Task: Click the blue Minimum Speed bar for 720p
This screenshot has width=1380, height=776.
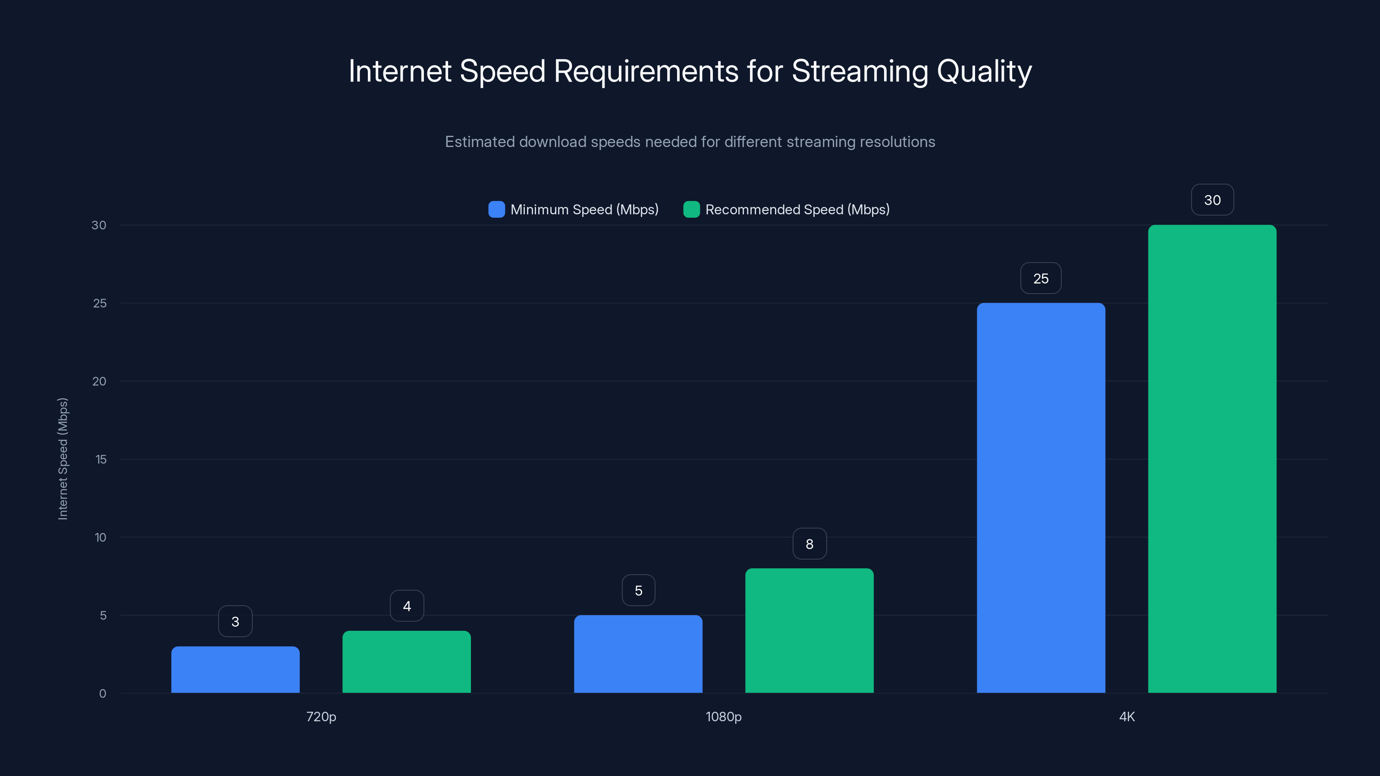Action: [235, 670]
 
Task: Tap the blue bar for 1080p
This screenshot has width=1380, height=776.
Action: [638, 654]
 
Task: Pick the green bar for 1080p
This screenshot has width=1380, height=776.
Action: [809, 630]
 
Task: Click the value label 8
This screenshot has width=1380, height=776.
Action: [809, 544]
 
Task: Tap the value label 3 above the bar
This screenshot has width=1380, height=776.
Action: [235, 622]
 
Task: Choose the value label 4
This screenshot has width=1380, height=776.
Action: [407, 606]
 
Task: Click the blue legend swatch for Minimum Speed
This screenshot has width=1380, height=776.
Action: [497, 210]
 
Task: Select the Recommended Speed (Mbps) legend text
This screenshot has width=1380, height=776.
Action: [797, 210]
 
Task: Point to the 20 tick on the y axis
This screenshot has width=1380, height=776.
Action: [99, 381]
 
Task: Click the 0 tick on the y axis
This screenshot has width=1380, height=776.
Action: [102, 694]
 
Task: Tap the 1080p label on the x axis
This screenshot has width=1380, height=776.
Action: [723, 717]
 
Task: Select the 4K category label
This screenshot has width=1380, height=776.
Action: [1126, 717]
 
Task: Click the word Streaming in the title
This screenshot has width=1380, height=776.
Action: [860, 71]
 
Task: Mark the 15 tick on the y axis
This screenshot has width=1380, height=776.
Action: [101, 460]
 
